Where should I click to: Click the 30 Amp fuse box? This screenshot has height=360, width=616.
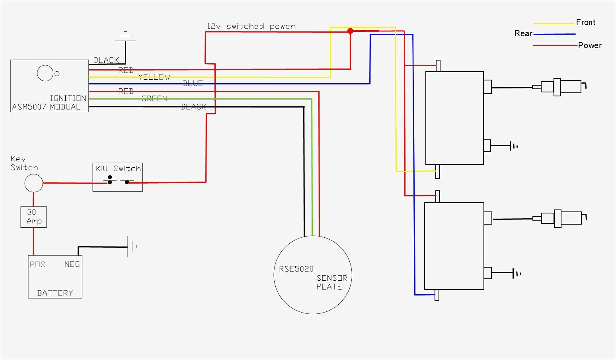[33, 217]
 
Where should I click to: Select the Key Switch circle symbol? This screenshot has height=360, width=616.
[33, 184]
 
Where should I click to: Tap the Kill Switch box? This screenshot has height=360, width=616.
[117, 177]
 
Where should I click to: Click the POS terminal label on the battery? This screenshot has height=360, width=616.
[37, 264]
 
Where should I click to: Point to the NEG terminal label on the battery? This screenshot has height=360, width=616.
[72, 264]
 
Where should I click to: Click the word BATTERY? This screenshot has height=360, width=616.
[55, 293]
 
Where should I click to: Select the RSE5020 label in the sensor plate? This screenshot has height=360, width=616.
[296, 269]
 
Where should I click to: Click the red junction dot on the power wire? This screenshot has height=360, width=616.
[350, 31]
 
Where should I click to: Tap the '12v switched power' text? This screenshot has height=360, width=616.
[251, 26]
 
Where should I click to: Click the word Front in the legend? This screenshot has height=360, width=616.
[585, 22]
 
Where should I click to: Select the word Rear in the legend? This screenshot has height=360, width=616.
[523, 33]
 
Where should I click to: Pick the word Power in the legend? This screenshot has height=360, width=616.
[590, 45]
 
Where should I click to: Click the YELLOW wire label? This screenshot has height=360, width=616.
[154, 77]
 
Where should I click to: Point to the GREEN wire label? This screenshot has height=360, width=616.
[154, 99]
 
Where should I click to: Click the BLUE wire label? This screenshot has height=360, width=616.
[193, 83]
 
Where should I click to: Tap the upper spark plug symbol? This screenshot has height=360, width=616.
[559, 87]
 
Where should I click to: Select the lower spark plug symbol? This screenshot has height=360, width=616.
[559, 218]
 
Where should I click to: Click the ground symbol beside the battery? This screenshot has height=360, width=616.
[131, 247]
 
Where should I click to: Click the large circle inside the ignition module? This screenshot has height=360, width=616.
[45, 73]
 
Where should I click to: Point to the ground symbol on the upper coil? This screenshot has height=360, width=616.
[514, 146]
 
